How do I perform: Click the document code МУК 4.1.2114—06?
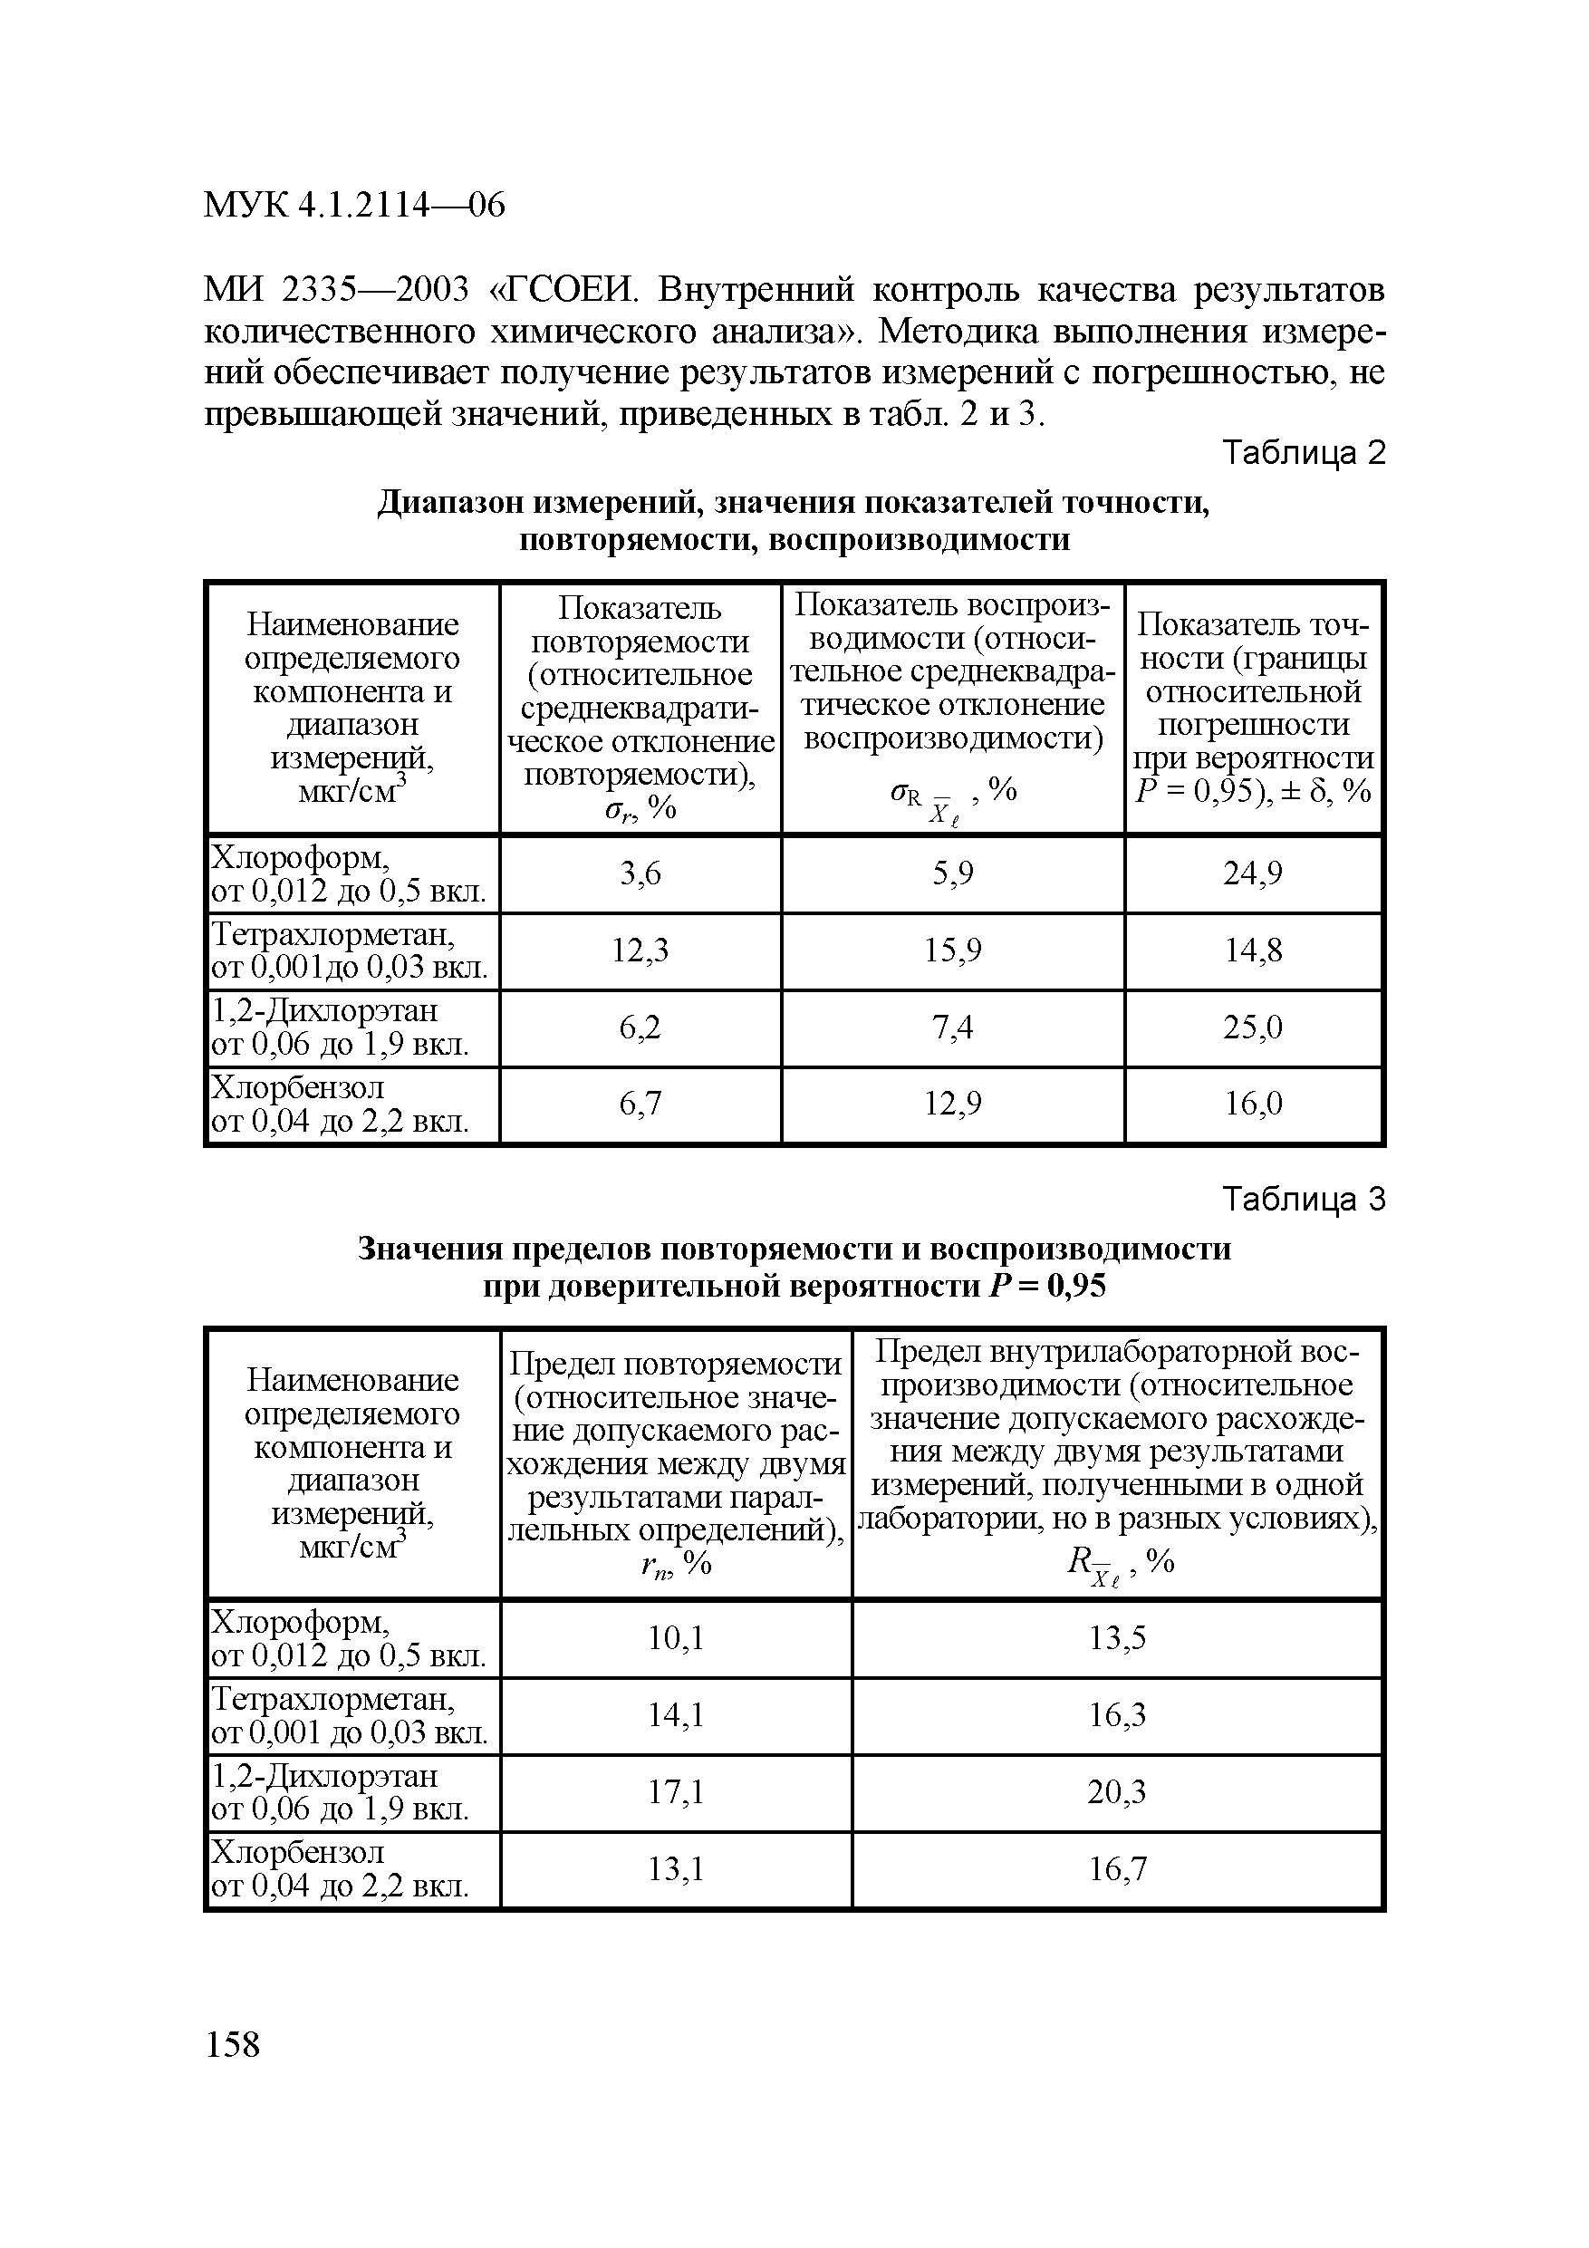pos(353,206)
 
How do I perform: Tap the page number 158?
pos(233,2043)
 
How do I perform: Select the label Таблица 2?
pos(1305,453)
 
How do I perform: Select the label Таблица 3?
pos(1305,1200)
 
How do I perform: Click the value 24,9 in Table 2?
pos(1252,873)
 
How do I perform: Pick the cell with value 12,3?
pos(640,950)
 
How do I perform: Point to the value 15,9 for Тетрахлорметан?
pos(953,950)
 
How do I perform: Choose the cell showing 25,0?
pos(1252,1028)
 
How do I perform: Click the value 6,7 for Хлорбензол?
pos(640,1105)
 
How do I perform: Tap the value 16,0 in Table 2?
pos(1252,1105)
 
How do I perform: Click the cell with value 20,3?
pos(1116,1791)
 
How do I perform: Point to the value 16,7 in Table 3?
pos(1116,1869)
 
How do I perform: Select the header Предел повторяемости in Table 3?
pos(676,1363)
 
